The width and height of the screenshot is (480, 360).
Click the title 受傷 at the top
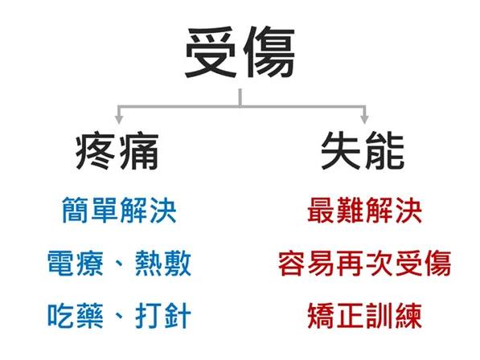coord(240,52)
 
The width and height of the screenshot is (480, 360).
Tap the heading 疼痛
coord(117,151)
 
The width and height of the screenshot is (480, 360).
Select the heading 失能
coord(363,151)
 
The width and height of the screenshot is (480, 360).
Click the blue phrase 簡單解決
coord(119,210)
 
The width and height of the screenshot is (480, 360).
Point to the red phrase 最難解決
coord(364,210)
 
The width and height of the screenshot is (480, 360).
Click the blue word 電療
coord(76,263)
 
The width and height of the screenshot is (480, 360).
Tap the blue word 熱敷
coord(163,263)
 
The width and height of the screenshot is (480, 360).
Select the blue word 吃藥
coord(76,316)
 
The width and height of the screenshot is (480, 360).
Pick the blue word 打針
coord(163,316)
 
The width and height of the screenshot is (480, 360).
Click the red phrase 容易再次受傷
coord(364,263)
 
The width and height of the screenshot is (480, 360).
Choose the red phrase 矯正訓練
coord(364,316)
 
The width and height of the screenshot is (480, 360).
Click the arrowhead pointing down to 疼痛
coord(119,120)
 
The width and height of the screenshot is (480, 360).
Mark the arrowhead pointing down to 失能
coord(364,120)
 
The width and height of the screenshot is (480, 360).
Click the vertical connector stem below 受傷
coord(240,97)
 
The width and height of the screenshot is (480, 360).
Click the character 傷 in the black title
coord(269,52)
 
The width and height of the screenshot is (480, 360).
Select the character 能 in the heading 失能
coord(384,151)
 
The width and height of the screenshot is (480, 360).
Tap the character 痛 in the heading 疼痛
coord(138,151)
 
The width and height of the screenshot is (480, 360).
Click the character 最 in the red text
coord(321,210)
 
